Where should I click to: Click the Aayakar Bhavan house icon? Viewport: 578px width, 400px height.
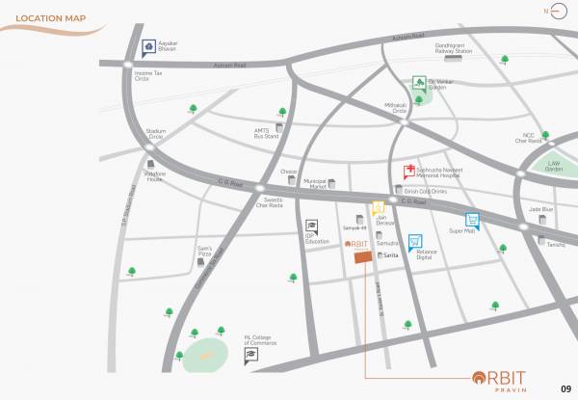(147, 44)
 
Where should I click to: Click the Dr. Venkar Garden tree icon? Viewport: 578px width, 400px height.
(419, 83)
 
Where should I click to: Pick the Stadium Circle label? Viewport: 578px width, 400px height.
(155, 134)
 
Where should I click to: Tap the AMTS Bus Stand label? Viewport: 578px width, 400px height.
(266, 135)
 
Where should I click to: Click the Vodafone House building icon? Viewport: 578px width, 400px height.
(151, 164)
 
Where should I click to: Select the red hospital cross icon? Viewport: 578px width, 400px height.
(409, 172)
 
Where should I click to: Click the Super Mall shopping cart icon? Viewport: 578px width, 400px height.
(472, 219)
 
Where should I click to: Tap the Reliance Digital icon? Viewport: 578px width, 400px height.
(414, 241)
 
